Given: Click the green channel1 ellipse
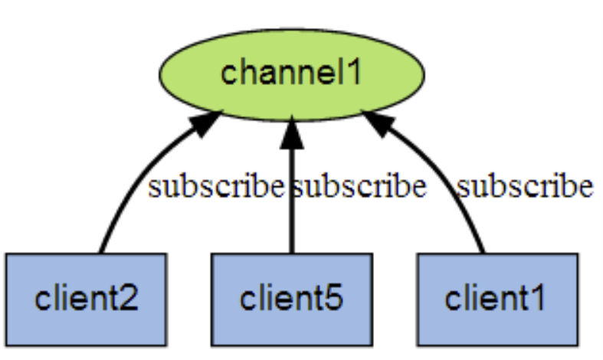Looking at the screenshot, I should click(x=291, y=74).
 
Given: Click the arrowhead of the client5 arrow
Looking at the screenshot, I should click(x=291, y=132).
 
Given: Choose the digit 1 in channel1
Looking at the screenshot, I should click(x=354, y=73).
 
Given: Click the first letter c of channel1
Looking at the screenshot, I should click(x=228, y=74).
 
